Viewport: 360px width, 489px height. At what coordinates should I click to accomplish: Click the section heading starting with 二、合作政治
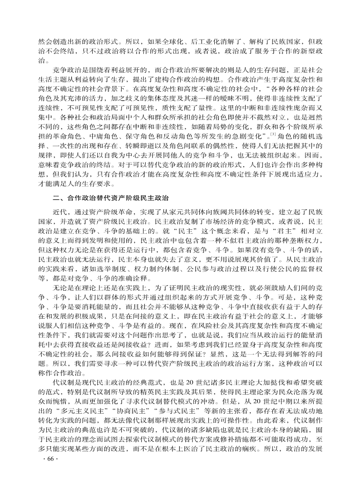(x=111, y=198)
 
